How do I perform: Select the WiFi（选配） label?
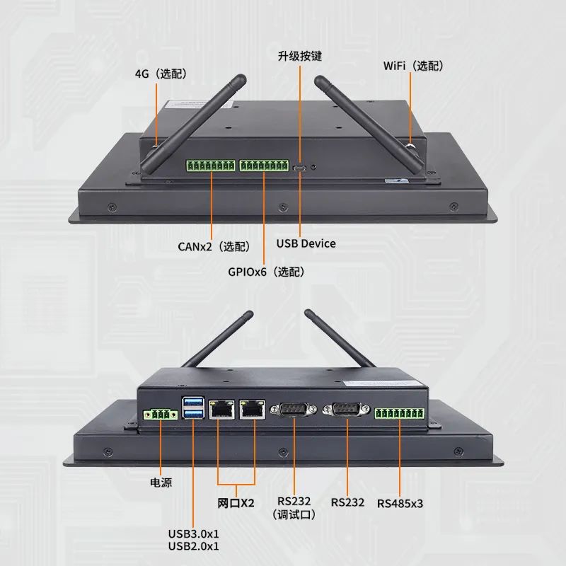coord(412,66)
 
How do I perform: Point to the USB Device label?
coord(306,243)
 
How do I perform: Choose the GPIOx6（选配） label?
coord(266,271)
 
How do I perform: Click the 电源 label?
coord(161,483)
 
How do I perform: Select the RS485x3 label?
coord(400,503)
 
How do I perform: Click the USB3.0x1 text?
coord(193,533)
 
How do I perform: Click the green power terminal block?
coord(161,415)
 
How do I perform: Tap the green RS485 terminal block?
coord(400,415)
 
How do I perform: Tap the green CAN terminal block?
coord(211,166)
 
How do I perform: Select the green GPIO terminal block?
coord(264,166)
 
